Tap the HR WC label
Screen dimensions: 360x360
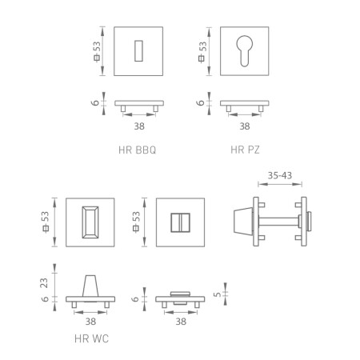[91, 338]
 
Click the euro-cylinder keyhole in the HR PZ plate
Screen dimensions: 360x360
[245, 50]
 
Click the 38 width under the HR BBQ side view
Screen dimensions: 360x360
[141, 126]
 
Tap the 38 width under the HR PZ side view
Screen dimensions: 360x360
[245, 126]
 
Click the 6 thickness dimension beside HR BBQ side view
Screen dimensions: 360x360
[97, 102]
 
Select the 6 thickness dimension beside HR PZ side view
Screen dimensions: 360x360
[202, 102]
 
